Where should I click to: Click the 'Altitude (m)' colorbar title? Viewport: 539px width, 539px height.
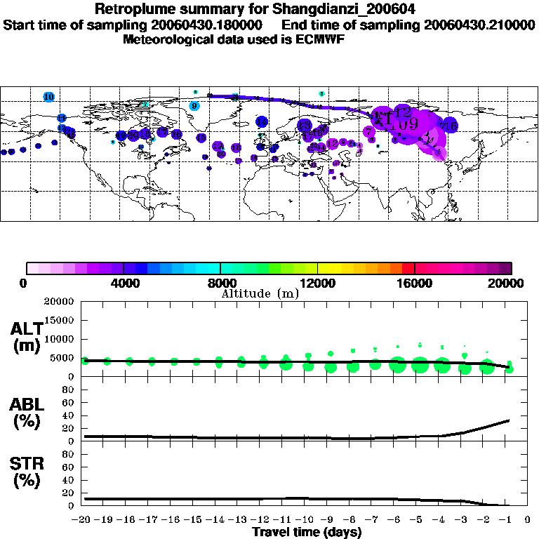(260, 293)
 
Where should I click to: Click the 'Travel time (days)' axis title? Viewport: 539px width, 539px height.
(307, 533)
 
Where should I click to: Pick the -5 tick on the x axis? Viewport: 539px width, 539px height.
(419, 520)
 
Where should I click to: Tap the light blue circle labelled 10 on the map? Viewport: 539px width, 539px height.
(48, 96)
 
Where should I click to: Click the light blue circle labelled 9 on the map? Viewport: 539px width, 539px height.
(194, 106)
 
